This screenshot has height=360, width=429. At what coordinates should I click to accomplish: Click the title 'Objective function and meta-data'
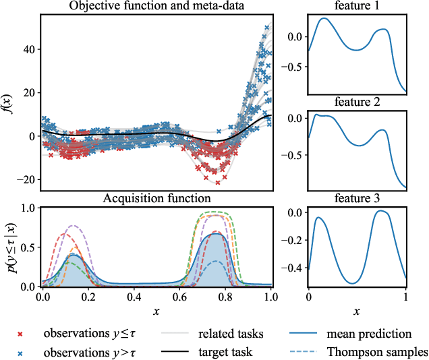click(x=156, y=7)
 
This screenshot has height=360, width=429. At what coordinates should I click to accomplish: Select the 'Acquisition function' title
click(x=156, y=198)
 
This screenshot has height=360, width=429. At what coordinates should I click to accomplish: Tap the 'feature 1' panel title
click(x=357, y=7)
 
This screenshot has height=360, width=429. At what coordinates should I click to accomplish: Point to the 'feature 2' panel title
click(x=357, y=102)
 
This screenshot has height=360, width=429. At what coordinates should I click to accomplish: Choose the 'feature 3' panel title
click(x=357, y=198)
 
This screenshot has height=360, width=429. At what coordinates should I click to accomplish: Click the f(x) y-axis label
click(x=8, y=102)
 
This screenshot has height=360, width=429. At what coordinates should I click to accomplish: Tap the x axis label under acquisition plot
click(x=156, y=311)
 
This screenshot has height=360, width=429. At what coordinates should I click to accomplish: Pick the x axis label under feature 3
click(x=357, y=311)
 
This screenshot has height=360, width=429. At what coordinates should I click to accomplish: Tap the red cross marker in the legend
click(x=20, y=334)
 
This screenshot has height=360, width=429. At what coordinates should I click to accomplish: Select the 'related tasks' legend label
click(x=231, y=334)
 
